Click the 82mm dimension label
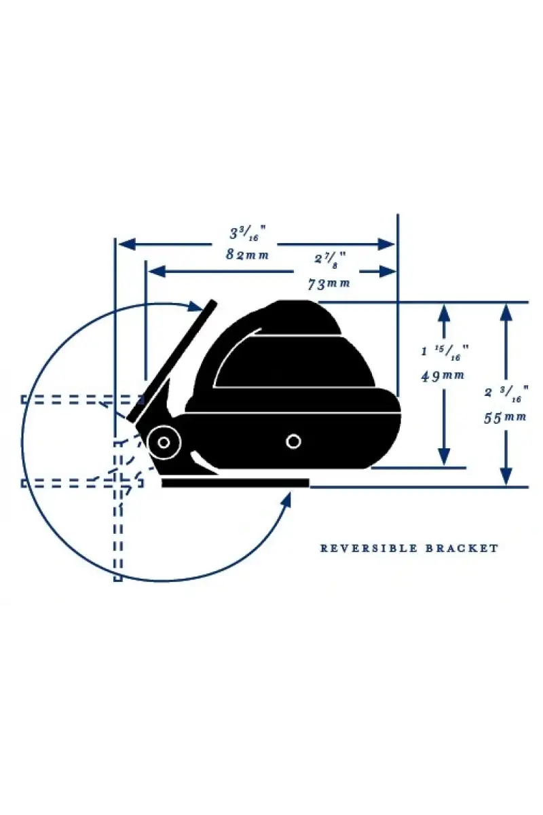(247, 255)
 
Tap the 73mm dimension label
(329, 284)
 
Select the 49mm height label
(443, 376)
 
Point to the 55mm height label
(505, 418)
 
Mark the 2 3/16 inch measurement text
(506, 394)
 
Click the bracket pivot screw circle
(164, 442)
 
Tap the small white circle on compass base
(293, 441)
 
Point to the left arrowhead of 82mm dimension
(127, 244)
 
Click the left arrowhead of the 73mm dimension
(156, 272)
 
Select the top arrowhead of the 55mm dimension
(506, 312)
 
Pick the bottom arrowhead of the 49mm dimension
(444, 456)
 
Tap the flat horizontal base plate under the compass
(236, 483)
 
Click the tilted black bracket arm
(172, 361)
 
